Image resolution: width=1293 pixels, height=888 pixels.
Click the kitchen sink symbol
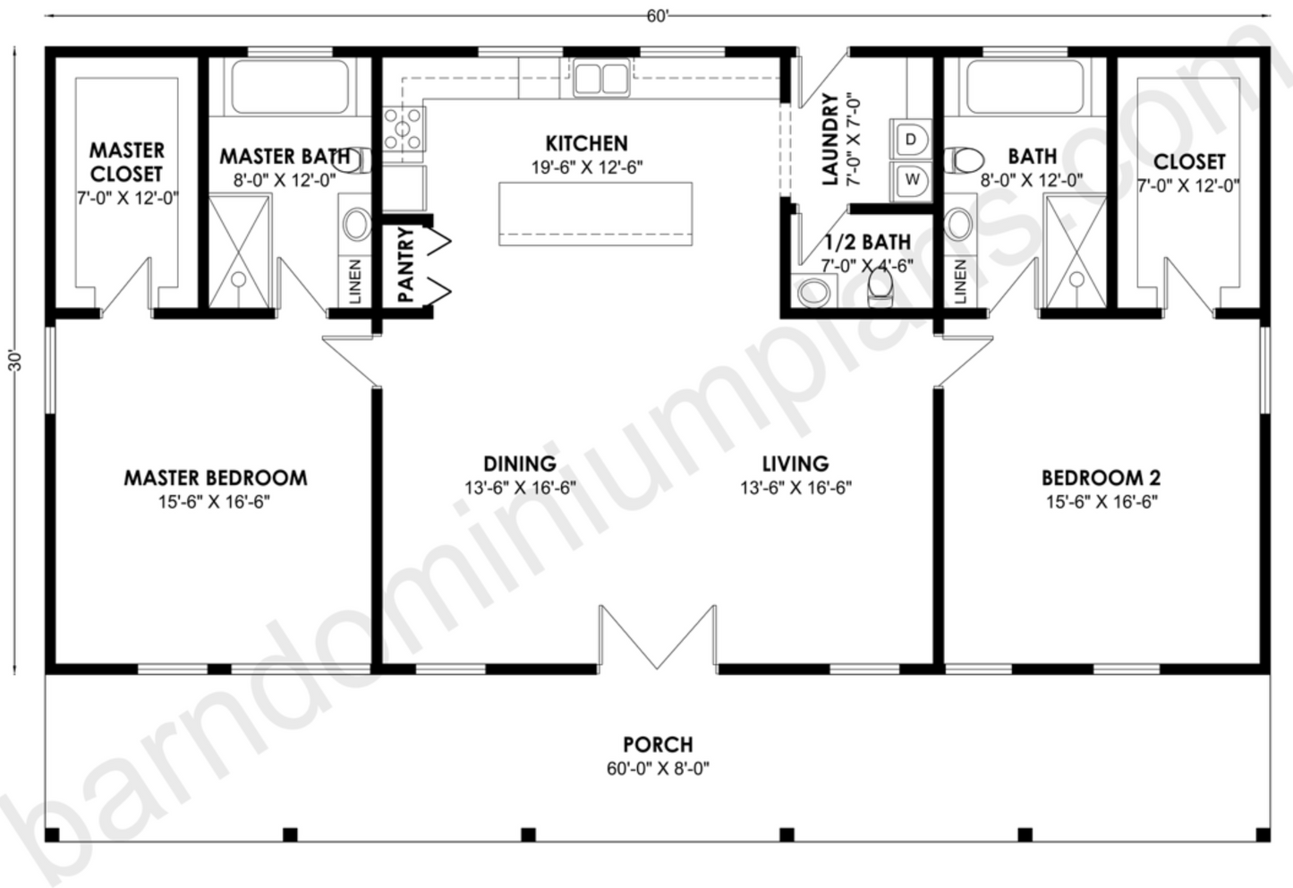coord(600,78)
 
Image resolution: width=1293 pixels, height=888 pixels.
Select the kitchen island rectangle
coord(595,213)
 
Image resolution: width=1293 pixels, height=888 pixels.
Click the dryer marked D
coord(911,140)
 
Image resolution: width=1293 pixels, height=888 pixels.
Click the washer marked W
coord(911,179)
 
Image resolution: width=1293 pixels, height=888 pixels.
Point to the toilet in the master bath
coord(356,161)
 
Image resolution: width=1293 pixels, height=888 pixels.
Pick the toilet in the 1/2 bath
coord(880,286)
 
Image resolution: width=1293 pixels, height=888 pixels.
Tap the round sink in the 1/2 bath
coord(813,291)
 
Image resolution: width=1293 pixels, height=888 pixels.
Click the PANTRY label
coord(405,266)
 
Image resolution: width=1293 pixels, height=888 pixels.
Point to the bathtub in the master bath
coord(290,86)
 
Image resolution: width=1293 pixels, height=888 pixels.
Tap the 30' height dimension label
coord(13,363)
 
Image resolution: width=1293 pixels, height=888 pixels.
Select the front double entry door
coord(658,637)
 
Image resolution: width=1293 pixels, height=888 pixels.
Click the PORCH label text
coord(658,744)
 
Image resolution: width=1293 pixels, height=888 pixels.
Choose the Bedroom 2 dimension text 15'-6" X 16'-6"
coord(1101,502)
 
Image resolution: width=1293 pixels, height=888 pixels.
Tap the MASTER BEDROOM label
coord(215,478)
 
